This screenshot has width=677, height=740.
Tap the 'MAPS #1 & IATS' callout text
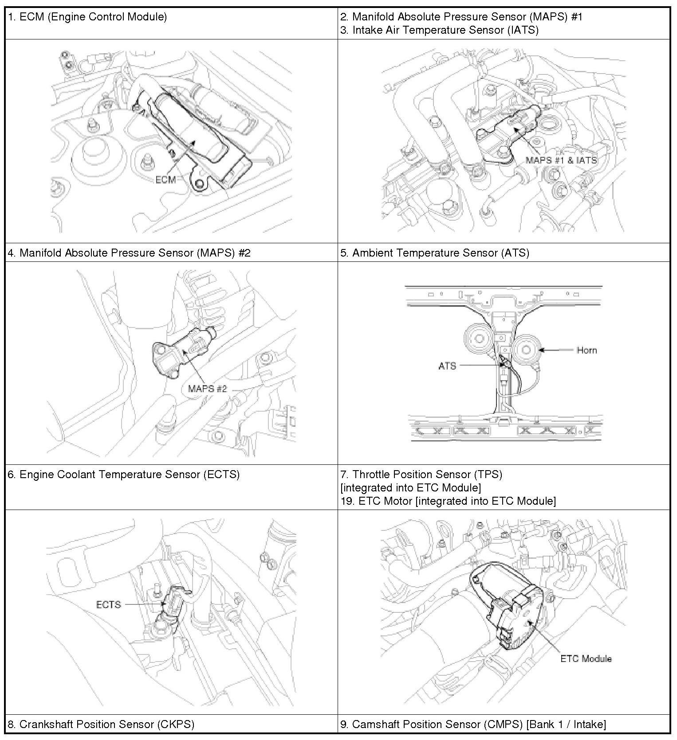pyautogui.click(x=561, y=160)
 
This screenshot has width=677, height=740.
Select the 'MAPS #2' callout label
pyautogui.click(x=207, y=389)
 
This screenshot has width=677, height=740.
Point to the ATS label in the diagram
pyautogui.click(x=447, y=366)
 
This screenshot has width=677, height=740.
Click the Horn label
pyautogui.click(x=586, y=350)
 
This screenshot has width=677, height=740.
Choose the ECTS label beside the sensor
pyautogui.click(x=109, y=604)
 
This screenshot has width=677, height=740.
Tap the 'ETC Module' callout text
pyautogui.click(x=586, y=658)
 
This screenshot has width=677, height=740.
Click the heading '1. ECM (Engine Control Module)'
pyautogui.click(x=87, y=17)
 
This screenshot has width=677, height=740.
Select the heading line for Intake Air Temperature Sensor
pyautogui.click(x=439, y=30)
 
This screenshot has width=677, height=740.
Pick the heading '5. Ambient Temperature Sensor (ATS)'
pyautogui.click(x=434, y=253)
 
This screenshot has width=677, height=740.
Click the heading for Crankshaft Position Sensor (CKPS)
pyautogui.click(x=101, y=724)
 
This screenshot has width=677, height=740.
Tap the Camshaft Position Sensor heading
pyautogui.click(x=473, y=724)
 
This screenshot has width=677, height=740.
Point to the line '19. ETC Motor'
pyautogui.click(x=448, y=501)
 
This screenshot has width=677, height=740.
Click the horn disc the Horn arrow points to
pyautogui.click(x=526, y=350)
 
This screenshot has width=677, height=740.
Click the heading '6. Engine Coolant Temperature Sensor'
pyautogui.click(x=124, y=474)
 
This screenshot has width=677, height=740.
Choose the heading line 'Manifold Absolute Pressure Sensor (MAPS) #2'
pyautogui.click(x=129, y=253)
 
